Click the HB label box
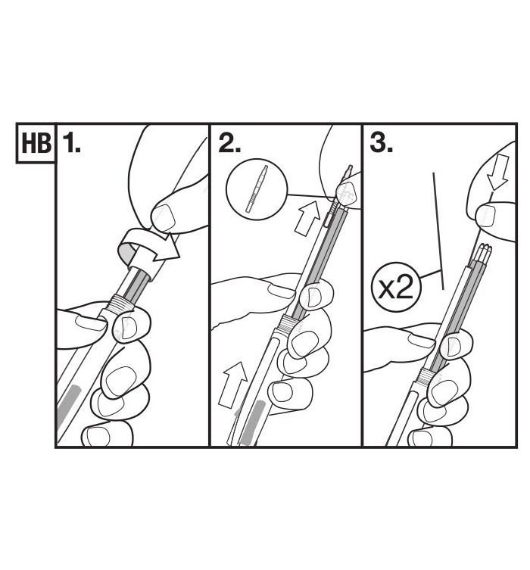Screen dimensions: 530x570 36,143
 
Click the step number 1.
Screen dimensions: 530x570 72,142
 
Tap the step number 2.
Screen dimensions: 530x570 229,142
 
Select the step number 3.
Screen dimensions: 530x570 381,142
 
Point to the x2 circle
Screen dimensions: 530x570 396,287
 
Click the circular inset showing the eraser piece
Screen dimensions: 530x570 257,189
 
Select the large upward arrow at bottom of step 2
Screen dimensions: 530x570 232,384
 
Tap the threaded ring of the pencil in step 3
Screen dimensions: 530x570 426,376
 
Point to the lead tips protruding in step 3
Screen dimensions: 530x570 483,252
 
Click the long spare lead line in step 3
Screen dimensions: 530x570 438,231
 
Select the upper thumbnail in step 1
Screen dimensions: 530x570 164,217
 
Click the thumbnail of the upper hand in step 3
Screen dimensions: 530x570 485,215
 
